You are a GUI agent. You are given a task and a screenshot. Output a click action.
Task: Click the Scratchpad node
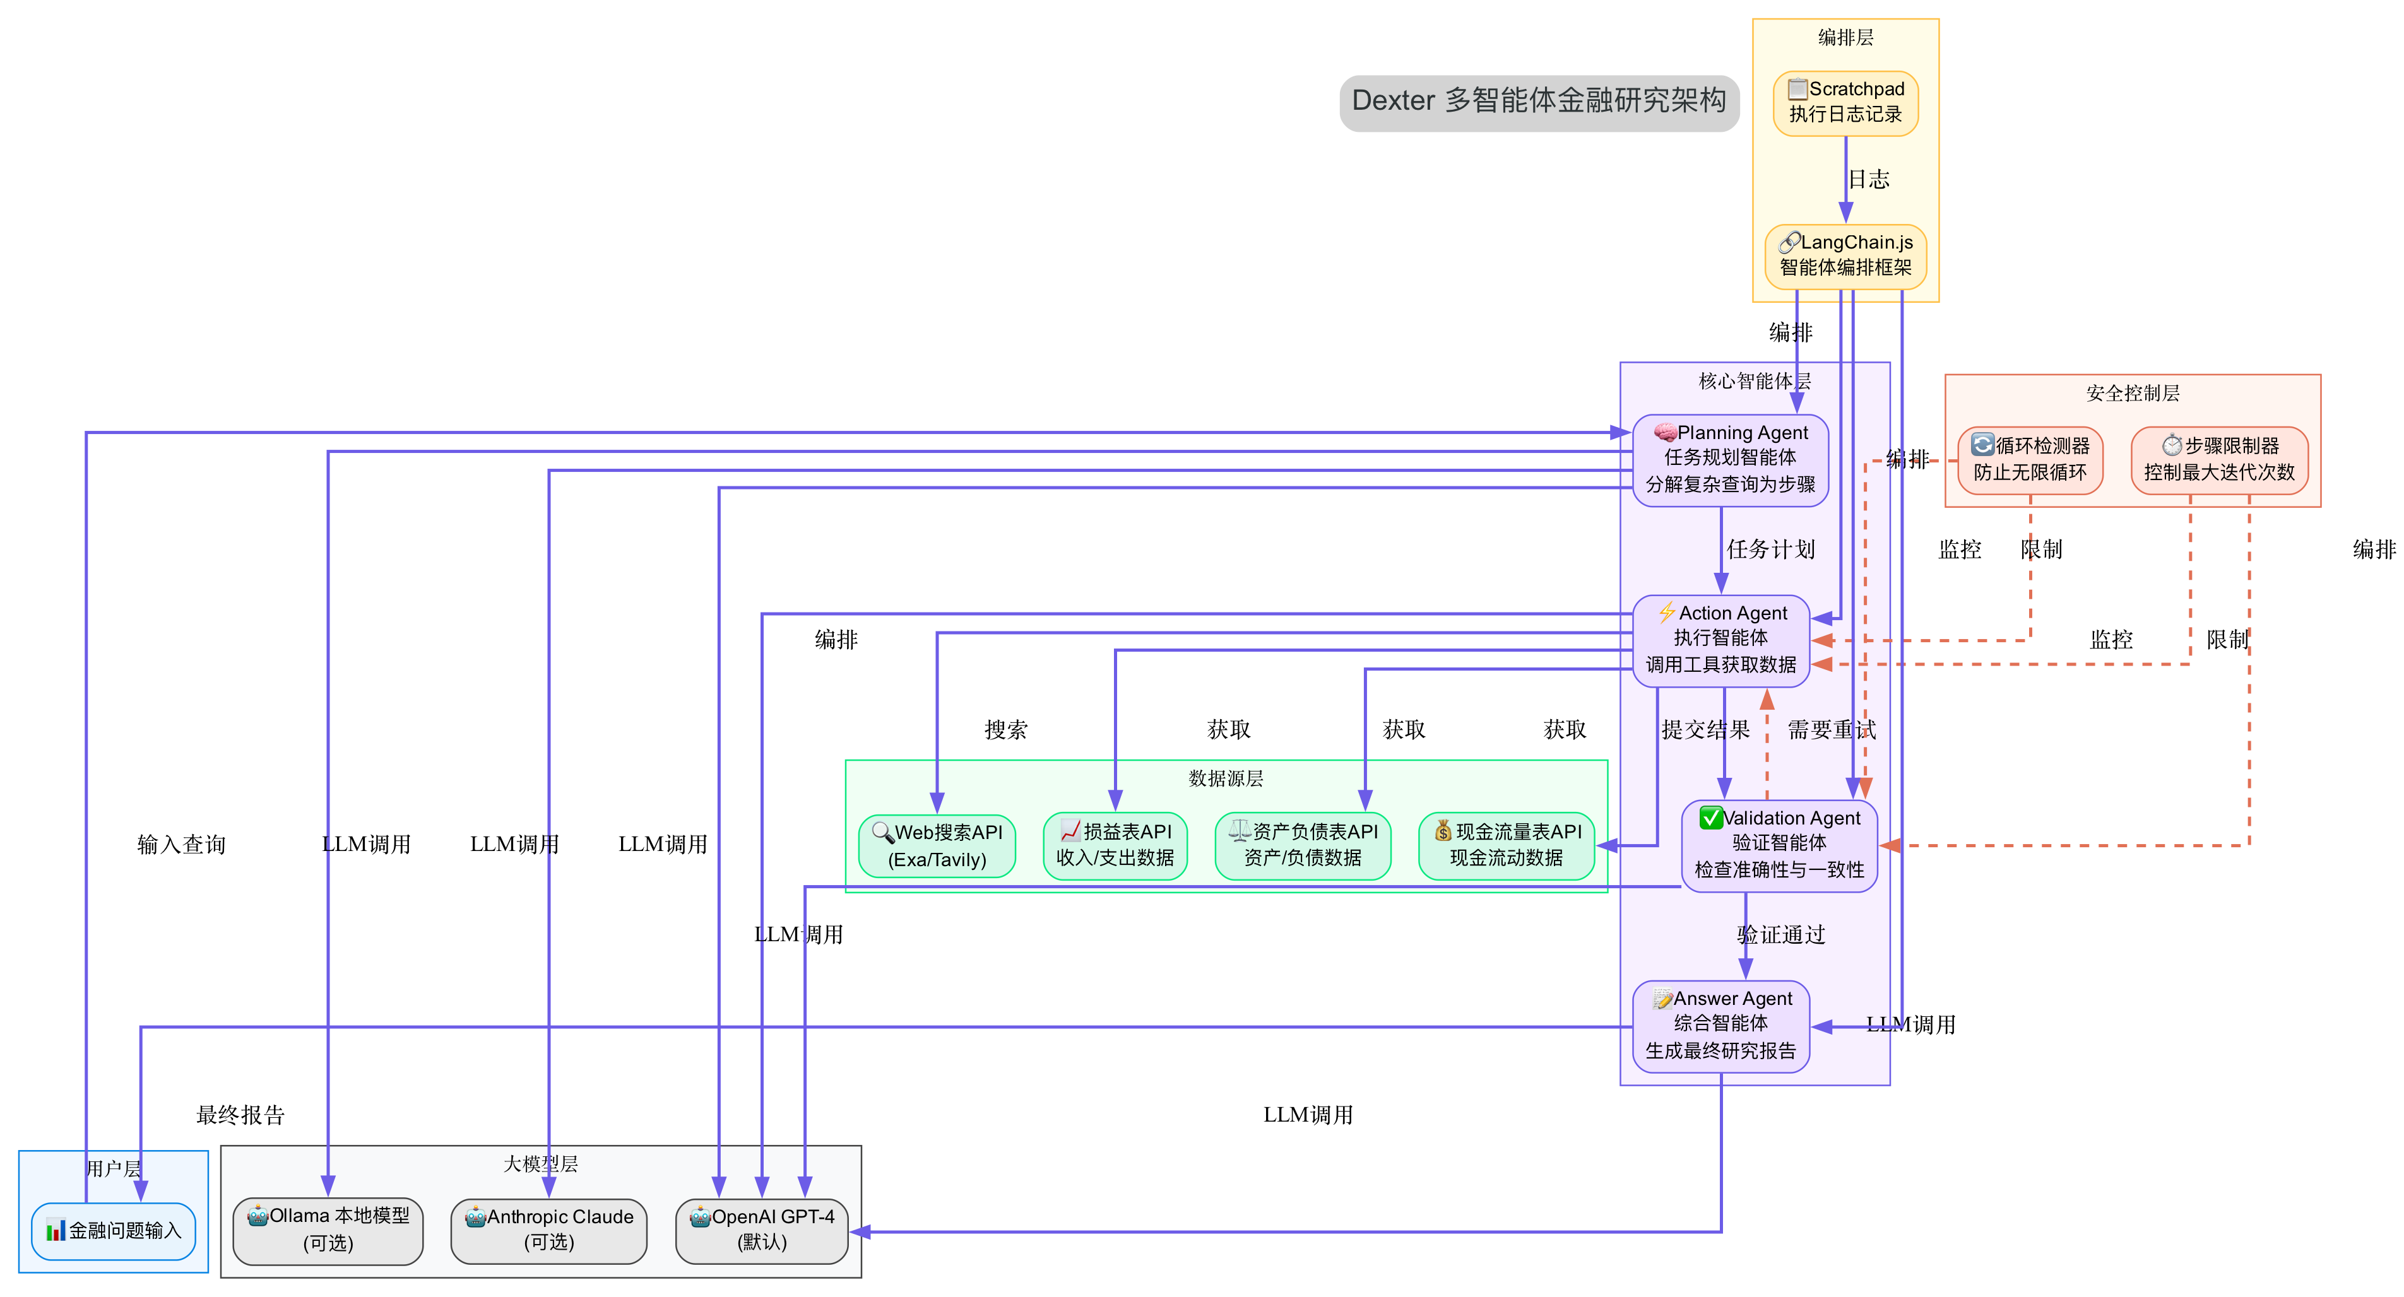pos(1845,103)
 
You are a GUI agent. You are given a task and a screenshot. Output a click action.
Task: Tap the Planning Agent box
pos(1730,460)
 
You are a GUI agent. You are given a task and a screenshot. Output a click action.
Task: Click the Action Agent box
pos(1721,641)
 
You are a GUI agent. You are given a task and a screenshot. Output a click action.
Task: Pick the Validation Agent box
pos(1779,845)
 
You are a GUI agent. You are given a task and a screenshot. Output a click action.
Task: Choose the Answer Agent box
pos(1721,1026)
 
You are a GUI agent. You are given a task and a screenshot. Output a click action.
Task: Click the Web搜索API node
pos(937,845)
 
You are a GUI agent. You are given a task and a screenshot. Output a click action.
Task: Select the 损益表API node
pos(1115,845)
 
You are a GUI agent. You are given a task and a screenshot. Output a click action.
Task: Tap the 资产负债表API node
pos(1303,845)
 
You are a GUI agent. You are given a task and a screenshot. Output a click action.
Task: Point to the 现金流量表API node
pos(1507,845)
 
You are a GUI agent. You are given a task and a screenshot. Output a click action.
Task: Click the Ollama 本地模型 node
pos(328,1231)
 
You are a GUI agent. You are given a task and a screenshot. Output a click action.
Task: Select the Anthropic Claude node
pos(548,1231)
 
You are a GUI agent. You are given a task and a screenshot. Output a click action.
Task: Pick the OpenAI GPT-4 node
pos(762,1231)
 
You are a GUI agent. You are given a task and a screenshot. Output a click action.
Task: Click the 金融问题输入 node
pos(114,1231)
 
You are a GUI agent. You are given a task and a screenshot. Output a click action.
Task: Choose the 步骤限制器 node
pos(2219,460)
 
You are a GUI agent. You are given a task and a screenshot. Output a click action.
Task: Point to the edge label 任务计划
pos(1770,549)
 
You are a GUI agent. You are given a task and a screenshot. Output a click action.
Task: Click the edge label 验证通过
pos(1780,935)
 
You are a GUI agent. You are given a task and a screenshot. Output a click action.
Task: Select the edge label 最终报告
pos(240,1115)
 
